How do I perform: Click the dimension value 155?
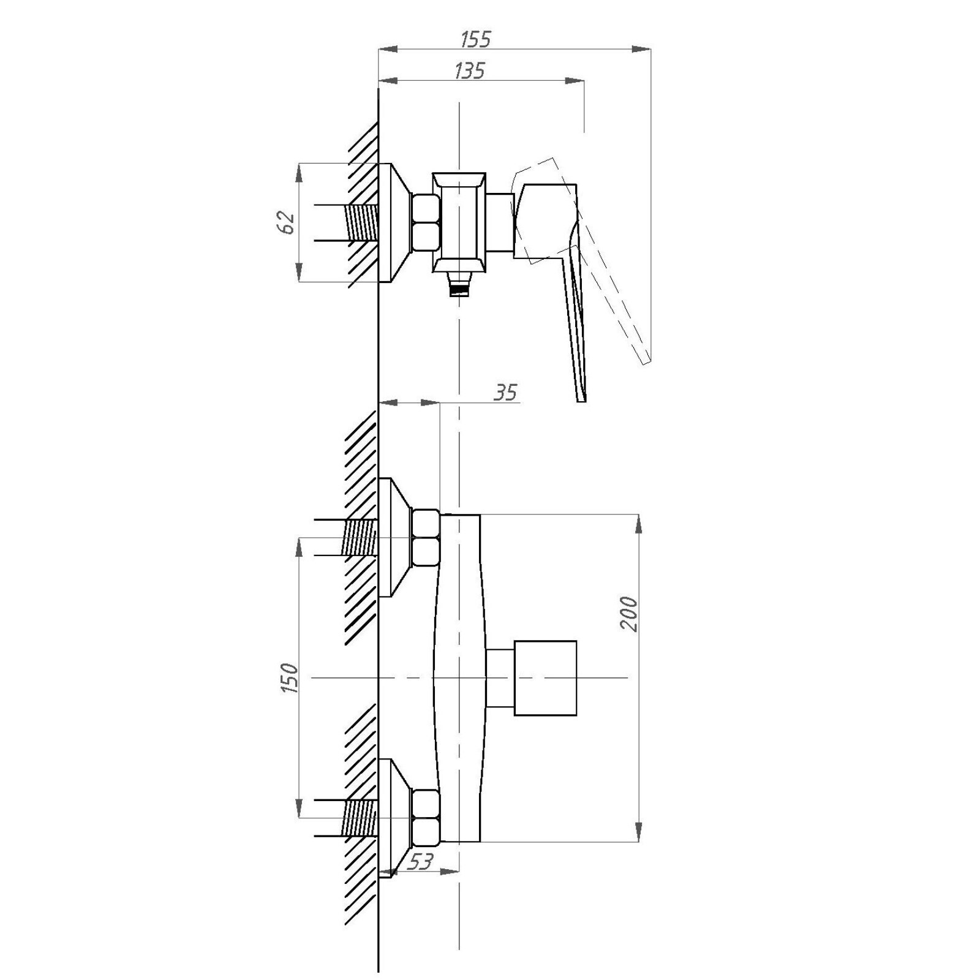(x=475, y=39)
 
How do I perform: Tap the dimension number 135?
(x=469, y=70)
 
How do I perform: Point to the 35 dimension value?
(x=506, y=392)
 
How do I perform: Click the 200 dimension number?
(x=628, y=613)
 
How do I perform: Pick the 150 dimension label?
(x=289, y=678)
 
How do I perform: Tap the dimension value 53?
(x=420, y=861)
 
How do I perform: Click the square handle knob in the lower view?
(x=545, y=678)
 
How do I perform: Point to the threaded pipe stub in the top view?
(x=361, y=222)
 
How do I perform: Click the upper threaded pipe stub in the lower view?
(x=360, y=537)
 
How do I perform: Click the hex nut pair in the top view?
(x=426, y=222)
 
